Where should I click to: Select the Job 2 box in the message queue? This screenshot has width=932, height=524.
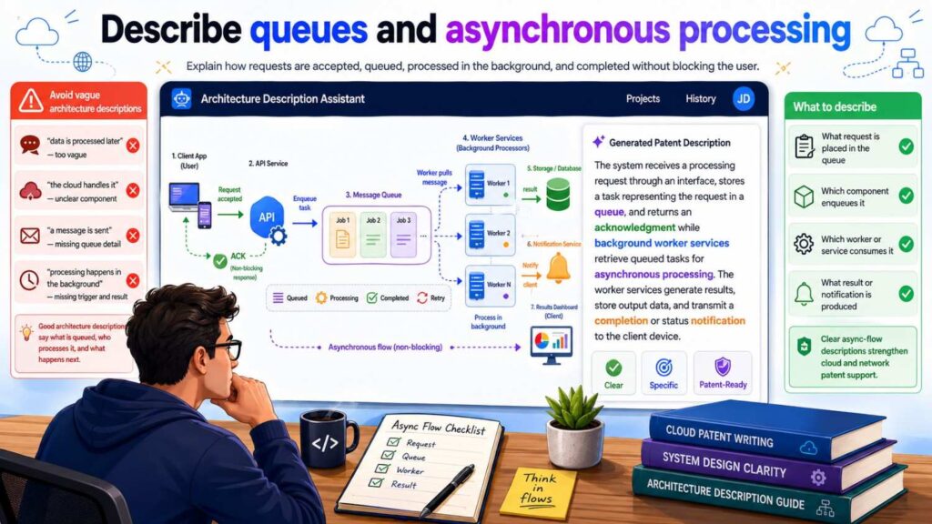coord(371,233)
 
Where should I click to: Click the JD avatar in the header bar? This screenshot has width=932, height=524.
coord(743,98)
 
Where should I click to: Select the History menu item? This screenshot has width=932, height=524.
coord(700,98)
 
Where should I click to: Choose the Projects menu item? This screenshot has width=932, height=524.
coord(643,98)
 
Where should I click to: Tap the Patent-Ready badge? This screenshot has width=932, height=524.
coord(722,373)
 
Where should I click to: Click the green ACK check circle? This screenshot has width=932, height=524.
coord(219,260)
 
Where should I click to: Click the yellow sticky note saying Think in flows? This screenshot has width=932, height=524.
coord(538,492)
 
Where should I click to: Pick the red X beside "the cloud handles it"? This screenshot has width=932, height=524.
coord(133,190)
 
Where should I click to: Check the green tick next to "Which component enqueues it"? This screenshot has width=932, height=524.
coord(906,196)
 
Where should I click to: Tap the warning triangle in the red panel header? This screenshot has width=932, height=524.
coord(31,101)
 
